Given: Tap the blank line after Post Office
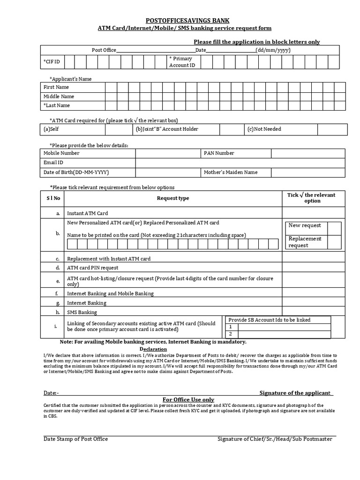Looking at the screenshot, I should pyautogui.click(x=156, y=50).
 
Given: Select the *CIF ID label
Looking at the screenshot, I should pyautogui.click(x=52, y=62).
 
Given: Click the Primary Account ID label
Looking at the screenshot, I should pyautogui.click(x=182, y=62).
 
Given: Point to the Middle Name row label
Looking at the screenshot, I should pyautogui.click(x=59, y=96).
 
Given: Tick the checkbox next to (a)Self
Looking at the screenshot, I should pyautogui.click(x=119, y=129).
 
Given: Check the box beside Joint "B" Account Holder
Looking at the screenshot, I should pyautogui.click(x=231, y=129).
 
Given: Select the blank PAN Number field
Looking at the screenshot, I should pyautogui.click(x=308, y=153).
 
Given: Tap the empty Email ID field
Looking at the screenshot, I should pyautogui.click(x=240, y=163).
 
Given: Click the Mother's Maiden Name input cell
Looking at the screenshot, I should pyautogui.click(x=308, y=172).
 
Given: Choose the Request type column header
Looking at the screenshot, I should pyautogui.click(x=173, y=198).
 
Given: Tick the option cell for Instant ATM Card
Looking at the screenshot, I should pyautogui.click(x=314, y=213).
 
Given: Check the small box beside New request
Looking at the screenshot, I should pyautogui.click(x=334, y=228).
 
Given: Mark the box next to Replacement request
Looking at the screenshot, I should pyautogui.click(x=334, y=242).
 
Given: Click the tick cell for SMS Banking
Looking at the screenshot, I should pyautogui.click(x=314, y=312).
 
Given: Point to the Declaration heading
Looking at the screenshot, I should pyautogui.click(x=153, y=349).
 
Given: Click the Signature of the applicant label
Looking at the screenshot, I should pyautogui.click(x=295, y=393).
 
